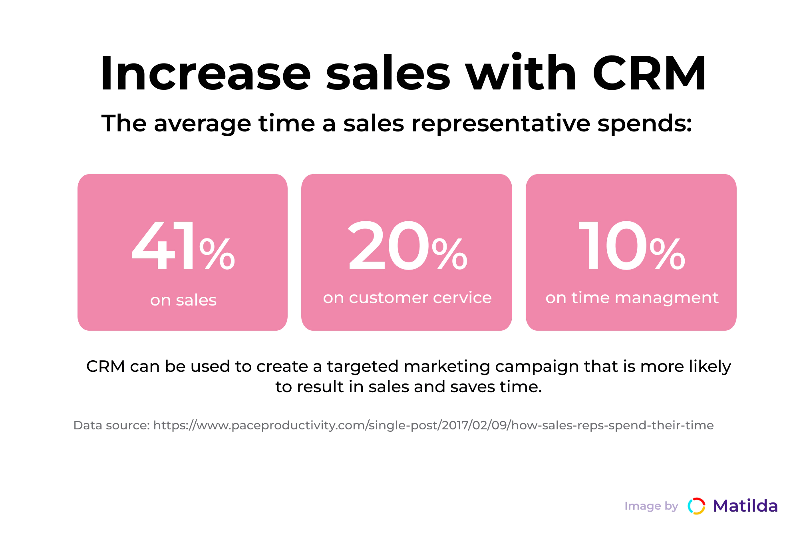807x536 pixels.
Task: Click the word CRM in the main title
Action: [649, 74]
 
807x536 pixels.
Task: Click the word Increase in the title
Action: [205, 74]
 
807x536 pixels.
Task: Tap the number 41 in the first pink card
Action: [163, 246]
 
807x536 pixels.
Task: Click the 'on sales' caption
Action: [183, 300]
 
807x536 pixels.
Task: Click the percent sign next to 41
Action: [217, 254]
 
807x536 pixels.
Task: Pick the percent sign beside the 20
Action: [449, 254]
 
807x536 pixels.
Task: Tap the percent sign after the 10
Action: [667, 254]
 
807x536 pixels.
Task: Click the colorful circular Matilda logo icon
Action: [696, 506]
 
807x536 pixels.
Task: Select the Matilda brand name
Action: [745, 506]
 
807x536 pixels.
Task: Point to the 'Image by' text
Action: [651, 506]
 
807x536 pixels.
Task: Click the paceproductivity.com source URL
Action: [433, 425]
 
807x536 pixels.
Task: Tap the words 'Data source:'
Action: [111, 425]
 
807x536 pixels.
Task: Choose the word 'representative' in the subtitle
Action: [501, 123]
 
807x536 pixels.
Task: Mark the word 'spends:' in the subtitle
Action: [644, 123]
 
